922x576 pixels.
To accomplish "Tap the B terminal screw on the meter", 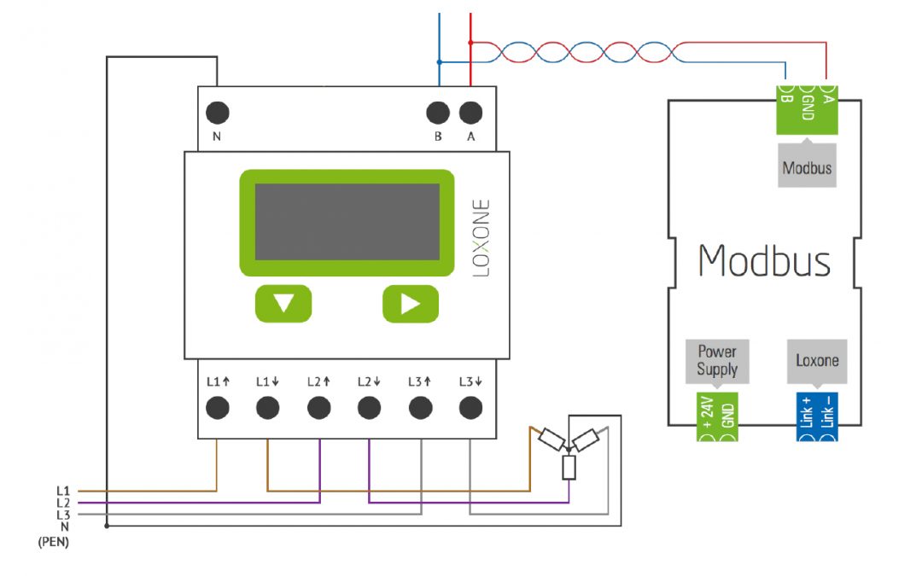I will pos(438,113).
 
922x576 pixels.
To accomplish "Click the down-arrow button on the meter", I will pos(283,304).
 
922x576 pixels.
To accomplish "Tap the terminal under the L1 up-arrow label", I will pos(218,408).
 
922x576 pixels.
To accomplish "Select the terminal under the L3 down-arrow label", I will pos(470,408).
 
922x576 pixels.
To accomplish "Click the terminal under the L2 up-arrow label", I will pos(318,408).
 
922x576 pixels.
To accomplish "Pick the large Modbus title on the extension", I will pos(764,259).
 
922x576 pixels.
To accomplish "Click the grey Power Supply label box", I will pos(716,361).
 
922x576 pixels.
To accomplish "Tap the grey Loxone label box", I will pos(817,361).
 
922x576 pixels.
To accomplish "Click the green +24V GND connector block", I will pos(717,417).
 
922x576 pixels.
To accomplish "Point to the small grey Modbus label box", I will pos(807,168).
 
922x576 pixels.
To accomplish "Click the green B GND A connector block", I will pos(807,108).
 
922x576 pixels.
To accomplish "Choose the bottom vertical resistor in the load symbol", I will pos(569,468).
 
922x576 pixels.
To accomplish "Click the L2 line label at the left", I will pos(62,503).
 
